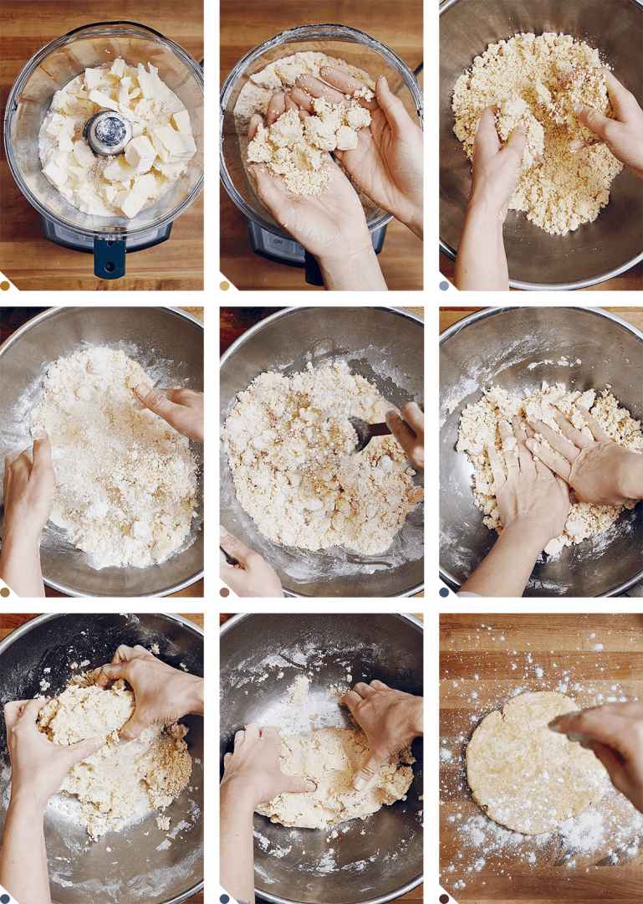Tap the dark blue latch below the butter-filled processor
point(110,256)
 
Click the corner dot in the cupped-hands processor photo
point(224,285)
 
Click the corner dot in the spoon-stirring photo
point(224,592)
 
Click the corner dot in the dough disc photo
point(444,898)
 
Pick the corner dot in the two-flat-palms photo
point(444,592)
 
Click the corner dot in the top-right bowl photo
point(444,285)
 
